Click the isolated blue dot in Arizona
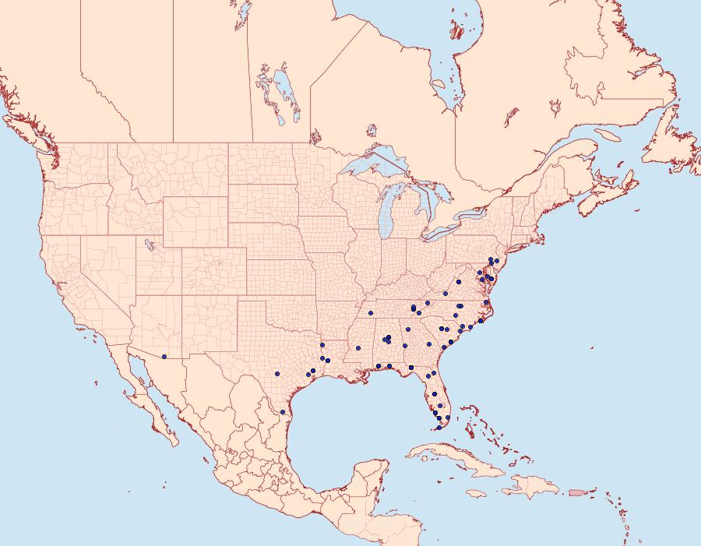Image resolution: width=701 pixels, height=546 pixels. point(164,357)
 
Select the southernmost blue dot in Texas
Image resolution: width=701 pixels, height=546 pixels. point(283,411)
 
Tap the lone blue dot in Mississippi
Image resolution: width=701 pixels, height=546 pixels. point(358,347)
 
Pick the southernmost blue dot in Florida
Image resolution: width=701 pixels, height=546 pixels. point(439,428)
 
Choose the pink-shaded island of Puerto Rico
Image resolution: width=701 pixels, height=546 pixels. point(577,491)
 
